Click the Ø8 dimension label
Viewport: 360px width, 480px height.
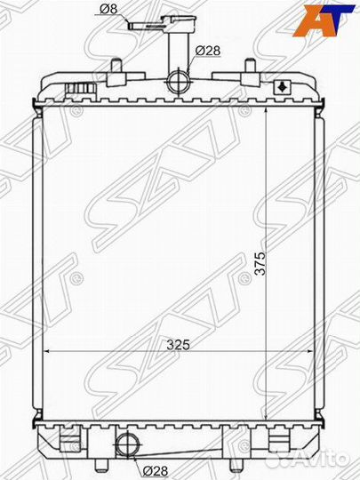(108, 9)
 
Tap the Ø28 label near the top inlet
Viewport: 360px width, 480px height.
(208, 51)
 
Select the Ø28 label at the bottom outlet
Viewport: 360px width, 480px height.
(156, 470)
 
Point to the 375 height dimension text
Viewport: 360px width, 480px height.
(260, 264)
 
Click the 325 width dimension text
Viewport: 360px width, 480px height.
(178, 345)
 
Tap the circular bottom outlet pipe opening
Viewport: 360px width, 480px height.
(128, 444)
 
